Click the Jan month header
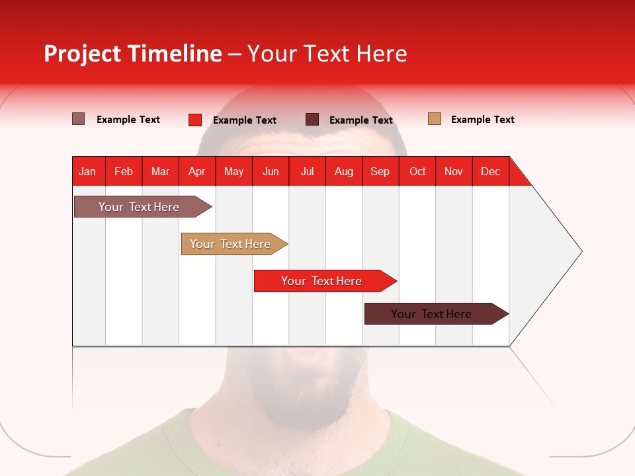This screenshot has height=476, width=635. [x=88, y=171]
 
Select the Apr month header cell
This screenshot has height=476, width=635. [x=197, y=171]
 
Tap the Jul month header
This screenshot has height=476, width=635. [x=307, y=171]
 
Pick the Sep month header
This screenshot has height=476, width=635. [x=380, y=171]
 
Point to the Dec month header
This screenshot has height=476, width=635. [x=490, y=171]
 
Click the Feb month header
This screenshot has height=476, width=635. [x=124, y=171]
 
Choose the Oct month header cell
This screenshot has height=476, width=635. [x=417, y=171]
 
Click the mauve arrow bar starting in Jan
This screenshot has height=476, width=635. [x=139, y=207]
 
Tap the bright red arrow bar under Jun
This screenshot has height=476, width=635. [x=322, y=281]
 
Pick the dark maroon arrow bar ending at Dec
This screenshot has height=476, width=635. [x=432, y=314]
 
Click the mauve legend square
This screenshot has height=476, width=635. [x=79, y=119]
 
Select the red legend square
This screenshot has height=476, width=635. [x=195, y=120]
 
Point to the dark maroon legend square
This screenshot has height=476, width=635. [x=312, y=120]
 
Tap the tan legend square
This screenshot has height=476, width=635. [x=435, y=119]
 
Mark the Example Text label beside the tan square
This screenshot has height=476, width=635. [x=482, y=120]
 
